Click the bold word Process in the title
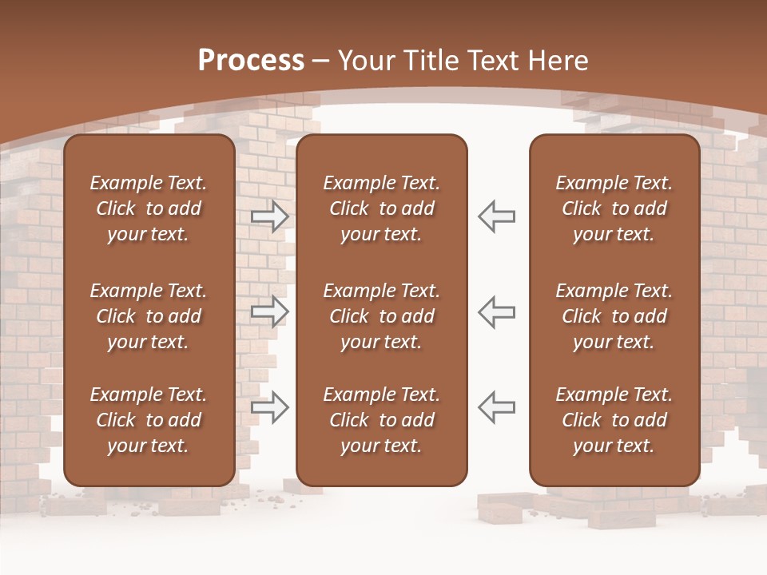(x=251, y=61)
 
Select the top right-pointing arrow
(x=270, y=216)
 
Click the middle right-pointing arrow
(x=270, y=311)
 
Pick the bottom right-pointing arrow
(x=270, y=406)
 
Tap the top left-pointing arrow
(x=496, y=216)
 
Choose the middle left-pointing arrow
(x=496, y=311)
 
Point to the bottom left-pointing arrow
(x=496, y=406)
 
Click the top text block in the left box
(x=149, y=208)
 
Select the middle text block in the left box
(x=149, y=316)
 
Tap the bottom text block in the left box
(x=149, y=420)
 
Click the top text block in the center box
(x=382, y=208)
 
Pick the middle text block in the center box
(x=382, y=316)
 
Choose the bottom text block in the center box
(x=382, y=420)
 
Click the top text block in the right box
(x=614, y=208)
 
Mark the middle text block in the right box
(x=614, y=316)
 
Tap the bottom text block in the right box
(x=614, y=420)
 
